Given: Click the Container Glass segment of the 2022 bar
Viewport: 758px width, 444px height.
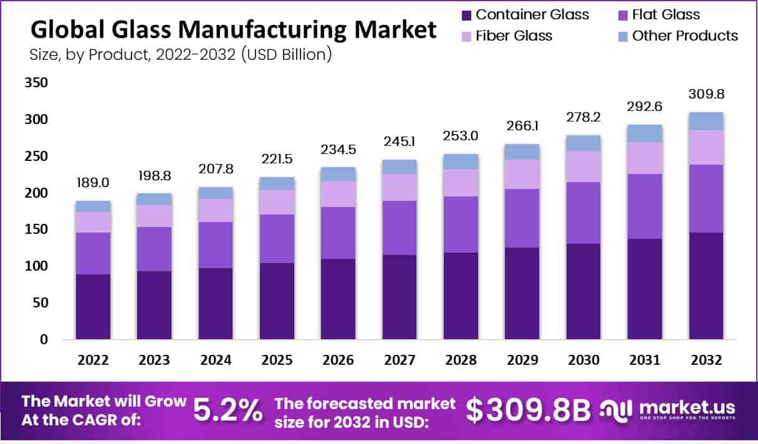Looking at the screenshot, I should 94,307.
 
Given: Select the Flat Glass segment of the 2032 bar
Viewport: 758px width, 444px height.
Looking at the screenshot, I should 706,198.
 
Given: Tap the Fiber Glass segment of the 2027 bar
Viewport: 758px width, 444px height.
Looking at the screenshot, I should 400,187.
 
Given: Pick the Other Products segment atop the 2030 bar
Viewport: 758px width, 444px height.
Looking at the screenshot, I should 583,143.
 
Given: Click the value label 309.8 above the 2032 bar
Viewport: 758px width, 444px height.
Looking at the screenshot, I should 706,95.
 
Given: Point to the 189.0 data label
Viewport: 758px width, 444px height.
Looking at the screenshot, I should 94,183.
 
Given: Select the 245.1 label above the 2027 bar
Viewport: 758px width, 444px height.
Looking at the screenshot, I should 400,142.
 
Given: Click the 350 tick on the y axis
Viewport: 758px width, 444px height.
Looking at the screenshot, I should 35,83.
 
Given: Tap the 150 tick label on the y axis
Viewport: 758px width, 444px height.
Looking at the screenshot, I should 35,230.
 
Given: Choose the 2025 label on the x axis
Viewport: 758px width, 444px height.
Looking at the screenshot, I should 277,360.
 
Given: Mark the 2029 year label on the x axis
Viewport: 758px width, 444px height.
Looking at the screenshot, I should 522,360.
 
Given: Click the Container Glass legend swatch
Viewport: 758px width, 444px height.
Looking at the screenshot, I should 466,15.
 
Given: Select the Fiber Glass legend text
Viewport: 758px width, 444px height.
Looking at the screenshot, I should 514,36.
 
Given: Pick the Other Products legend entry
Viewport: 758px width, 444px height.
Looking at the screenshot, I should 684,36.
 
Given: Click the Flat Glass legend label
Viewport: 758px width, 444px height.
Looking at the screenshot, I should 666,14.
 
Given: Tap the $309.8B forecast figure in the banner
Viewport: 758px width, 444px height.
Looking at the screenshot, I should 528,410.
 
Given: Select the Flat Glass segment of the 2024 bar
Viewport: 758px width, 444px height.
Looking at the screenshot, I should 216,244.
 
